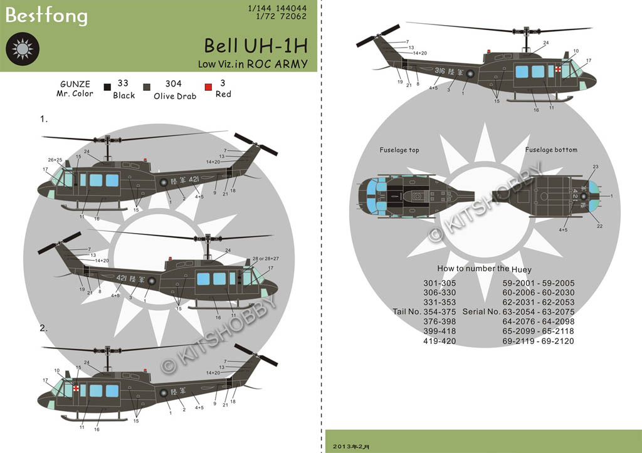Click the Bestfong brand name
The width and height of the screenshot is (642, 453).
46,15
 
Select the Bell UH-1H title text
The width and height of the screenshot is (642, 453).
255,46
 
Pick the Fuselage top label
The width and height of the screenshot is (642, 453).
399,150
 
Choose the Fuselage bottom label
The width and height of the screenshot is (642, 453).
551,150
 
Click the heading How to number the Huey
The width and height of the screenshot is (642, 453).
484,269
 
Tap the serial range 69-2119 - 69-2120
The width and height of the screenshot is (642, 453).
538,341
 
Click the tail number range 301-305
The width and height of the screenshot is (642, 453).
440,283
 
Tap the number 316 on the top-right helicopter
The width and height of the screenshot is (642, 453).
439,72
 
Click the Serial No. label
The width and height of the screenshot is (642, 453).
481,312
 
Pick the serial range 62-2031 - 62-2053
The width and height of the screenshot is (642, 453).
538,303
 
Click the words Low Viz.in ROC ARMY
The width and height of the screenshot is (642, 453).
253,64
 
